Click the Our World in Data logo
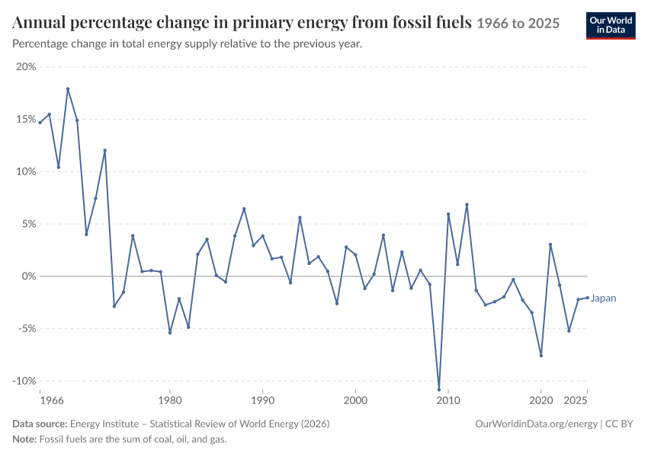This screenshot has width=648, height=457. pyautogui.click(x=611, y=26)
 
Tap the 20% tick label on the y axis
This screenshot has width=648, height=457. pyautogui.click(x=26, y=67)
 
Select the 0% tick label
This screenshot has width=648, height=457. pyautogui.click(x=28, y=276)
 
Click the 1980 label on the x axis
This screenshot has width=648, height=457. pyautogui.click(x=170, y=401)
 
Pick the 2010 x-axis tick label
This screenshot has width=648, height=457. pyautogui.click(x=448, y=401)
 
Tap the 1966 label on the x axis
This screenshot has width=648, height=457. pyautogui.click(x=52, y=401)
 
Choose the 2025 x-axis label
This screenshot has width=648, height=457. pyautogui.click(x=576, y=401)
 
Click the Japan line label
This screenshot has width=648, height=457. pyautogui.click(x=603, y=298)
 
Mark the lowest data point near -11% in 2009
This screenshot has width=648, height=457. pyautogui.click(x=439, y=389)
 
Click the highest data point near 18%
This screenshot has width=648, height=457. pyautogui.click(x=68, y=89)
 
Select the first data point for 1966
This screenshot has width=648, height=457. pyautogui.click(x=40, y=123)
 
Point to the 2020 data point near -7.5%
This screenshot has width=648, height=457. pyautogui.click(x=541, y=356)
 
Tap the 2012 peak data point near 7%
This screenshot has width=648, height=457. pyautogui.click(x=467, y=204)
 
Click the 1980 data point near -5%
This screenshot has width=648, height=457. pyautogui.click(x=170, y=332)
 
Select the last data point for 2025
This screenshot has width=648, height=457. pyautogui.click(x=587, y=298)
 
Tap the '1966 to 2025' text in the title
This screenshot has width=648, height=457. pyautogui.click(x=518, y=24)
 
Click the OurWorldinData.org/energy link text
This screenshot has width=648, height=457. pyautogui.click(x=537, y=424)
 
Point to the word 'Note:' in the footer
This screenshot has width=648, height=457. pyautogui.click(x=24, y=439)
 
